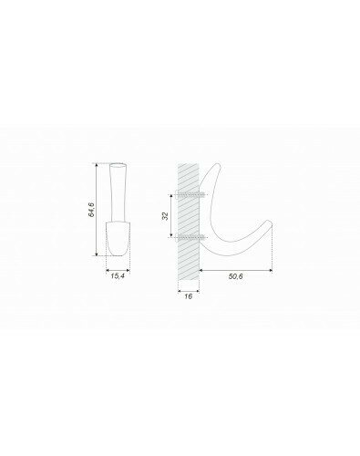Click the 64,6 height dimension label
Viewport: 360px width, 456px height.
(91, 210)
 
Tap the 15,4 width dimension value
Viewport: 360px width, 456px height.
(118, 276)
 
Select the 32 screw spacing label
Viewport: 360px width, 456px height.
(165, 216)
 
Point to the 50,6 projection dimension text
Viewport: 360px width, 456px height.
(236, 276)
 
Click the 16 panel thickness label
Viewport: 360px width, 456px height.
(188, 296)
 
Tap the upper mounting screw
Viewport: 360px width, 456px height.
(190, 193)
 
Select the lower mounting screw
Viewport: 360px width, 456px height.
(190, 236)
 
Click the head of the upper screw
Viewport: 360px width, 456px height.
(177, 193)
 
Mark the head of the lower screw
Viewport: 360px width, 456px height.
(177, 236)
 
